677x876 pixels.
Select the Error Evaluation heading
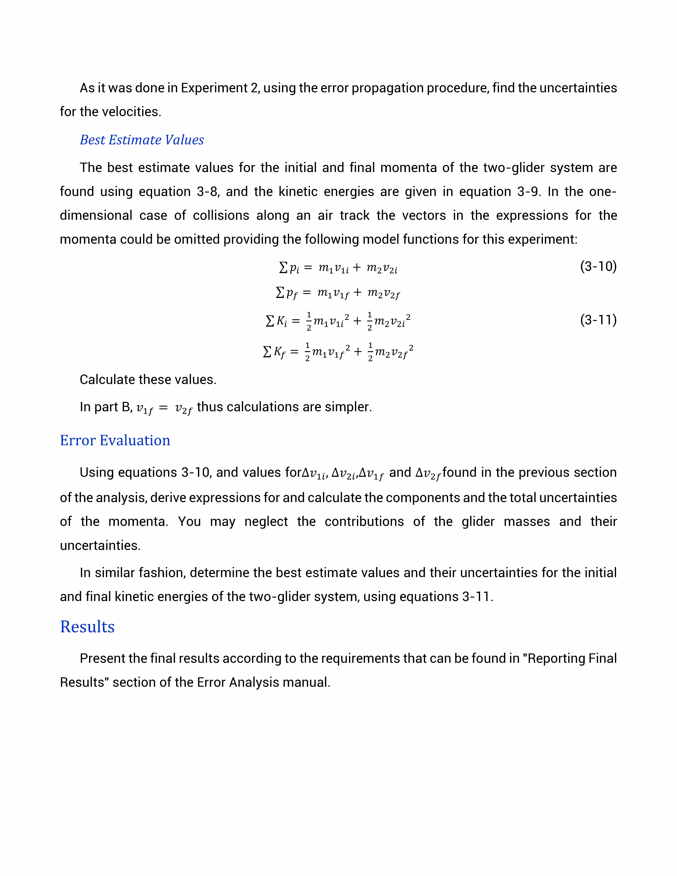pyautogui.click(x=115, y=440)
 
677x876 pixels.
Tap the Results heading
pyautogui.click(x=87, y=627)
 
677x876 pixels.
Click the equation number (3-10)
pyautogui.click(x=598, y=266)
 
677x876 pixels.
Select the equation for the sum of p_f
pyautogui.click(x=338, y=293)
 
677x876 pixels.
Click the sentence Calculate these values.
pyautogui.click(x=148, y=379)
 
